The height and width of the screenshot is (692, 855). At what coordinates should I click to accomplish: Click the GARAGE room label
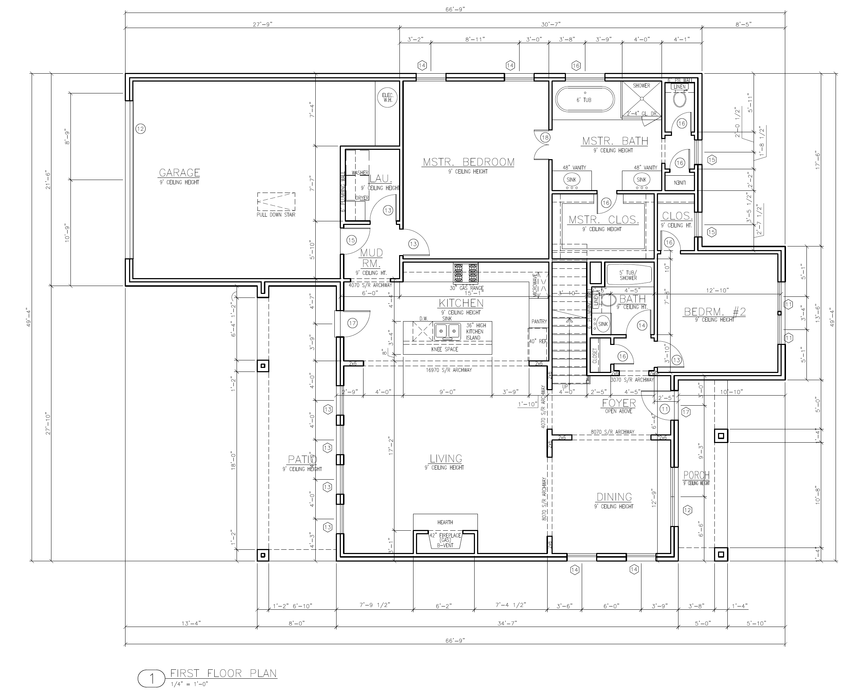tap(179, 172)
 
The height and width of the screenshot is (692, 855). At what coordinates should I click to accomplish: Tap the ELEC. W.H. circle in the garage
tap(388, 98)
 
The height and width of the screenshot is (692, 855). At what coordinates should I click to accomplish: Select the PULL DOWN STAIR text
tap(276, 215)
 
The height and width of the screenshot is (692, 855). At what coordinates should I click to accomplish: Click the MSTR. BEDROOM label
tap(468, 162)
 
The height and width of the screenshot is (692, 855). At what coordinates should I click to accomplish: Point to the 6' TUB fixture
tap(585, 100)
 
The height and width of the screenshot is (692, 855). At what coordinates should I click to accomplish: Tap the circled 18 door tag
tap(545, 138)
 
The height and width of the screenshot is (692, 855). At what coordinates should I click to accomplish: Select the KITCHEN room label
tap(461, 303)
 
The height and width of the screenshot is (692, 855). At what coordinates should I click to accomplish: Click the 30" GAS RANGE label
tap(467, 288)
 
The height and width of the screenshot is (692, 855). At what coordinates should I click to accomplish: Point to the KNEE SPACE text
tap(445, 349)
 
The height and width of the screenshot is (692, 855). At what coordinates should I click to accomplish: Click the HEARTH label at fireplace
tap(445, 522)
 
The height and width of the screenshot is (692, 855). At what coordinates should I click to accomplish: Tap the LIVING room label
tap(446, 458)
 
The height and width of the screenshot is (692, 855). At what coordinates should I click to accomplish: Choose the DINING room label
tap(614, 497)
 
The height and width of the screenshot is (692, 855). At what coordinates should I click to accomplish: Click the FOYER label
tap(618, 403)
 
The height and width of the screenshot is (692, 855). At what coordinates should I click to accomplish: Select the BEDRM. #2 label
tap(715, 312)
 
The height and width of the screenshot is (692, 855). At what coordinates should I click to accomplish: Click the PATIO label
tap(302, 460)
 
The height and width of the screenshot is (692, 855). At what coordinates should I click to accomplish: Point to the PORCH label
tap(696, 475)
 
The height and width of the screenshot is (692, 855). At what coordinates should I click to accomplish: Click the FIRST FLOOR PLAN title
tap(223, 673)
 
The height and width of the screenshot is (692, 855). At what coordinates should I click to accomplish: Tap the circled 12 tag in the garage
tap(140, 129)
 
